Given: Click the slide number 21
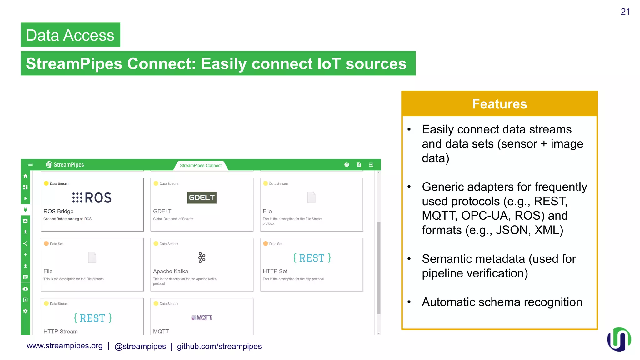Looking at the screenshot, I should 625,12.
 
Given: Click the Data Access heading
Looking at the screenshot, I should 70,35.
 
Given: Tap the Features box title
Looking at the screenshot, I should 499,104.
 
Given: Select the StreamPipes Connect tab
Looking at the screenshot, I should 201,165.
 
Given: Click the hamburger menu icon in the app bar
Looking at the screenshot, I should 31,164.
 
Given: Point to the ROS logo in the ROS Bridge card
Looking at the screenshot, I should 92,197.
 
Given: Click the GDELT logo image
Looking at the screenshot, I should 202,197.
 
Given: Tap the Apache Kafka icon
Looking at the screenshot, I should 202,258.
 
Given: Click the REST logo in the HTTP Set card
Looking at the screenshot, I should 312,258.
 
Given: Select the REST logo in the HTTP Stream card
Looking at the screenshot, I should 92,318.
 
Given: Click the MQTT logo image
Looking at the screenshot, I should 202,318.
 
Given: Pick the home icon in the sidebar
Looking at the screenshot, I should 26,176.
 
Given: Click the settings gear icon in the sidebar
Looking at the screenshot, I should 26,311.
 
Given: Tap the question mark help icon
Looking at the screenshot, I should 347,165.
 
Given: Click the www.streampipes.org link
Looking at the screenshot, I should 65,346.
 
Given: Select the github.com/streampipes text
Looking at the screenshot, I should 219,346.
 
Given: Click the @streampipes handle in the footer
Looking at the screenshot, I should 140,346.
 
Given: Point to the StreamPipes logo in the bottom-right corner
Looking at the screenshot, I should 619,340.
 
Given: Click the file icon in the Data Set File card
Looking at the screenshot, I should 92,258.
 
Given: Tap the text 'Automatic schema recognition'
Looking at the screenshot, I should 502,302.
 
